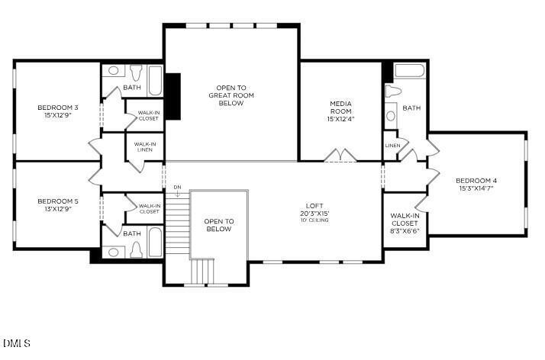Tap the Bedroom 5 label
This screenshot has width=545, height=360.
tap(58, 205)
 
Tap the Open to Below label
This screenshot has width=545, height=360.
tap(218, 225)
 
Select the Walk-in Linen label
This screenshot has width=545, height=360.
tap(145, 146)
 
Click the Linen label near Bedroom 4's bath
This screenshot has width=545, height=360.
tap(392, 145)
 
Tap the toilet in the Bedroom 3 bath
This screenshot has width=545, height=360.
tap(137, 72)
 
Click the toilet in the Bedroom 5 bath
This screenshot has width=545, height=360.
tap(137, 249)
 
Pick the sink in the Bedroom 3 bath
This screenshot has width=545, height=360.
tap(113, 71)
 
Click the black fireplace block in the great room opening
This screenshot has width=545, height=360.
tap(173, 96)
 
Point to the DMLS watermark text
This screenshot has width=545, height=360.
tap(17, 343)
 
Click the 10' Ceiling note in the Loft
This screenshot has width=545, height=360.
tap(314, 220)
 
